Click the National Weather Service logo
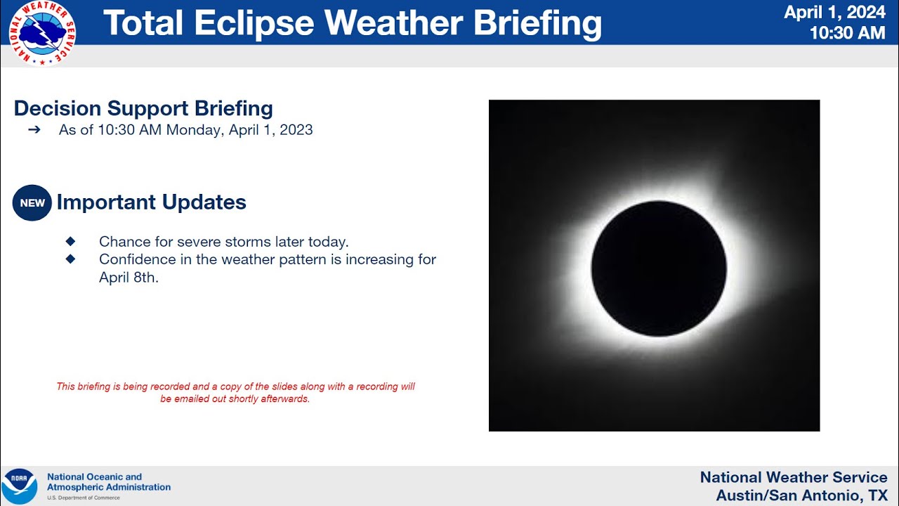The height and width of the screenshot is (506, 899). [42, 33]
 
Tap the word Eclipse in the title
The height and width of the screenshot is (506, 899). [254, 23]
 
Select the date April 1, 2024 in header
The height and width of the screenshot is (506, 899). [834, 13]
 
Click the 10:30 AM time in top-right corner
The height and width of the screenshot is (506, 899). [847, 33]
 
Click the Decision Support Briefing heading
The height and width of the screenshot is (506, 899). [143, 108]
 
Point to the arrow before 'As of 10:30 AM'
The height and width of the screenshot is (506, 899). [34, 130]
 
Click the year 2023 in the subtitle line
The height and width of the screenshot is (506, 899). [296, 130]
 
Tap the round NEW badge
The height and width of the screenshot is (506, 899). [32, 203]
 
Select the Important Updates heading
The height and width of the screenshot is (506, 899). [151, 202]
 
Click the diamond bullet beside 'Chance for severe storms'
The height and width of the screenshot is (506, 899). [70, 241]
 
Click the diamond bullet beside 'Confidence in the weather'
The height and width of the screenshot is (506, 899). [70, 259]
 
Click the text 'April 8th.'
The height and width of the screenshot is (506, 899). [129, 278]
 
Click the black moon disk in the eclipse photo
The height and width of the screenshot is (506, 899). [659, 268]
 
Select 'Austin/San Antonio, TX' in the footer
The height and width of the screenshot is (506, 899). [801, 495]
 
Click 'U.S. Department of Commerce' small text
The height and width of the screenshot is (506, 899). [84, 498]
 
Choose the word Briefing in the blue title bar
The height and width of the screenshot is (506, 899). [537, 23]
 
